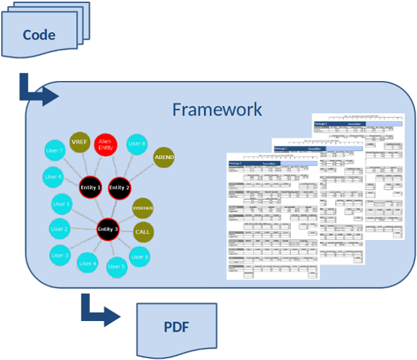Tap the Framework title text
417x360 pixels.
(216, 110)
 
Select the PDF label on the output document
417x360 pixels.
(175, 327)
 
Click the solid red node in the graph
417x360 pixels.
(106, 145)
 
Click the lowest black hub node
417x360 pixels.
(108, 229)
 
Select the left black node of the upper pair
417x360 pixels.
(91, 187)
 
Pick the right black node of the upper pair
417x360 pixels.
(119, 187)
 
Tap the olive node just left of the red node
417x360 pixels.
(80, 143)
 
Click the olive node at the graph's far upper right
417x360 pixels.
(164, 157)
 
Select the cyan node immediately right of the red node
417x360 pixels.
(136, 145)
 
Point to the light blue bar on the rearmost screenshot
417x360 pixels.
(384, 124)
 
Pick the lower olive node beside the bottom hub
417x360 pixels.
(143, 232)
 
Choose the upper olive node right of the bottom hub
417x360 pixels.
(143, 208)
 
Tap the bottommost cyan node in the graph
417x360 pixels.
(117, 267)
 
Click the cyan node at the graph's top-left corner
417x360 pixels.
(55, 151)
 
